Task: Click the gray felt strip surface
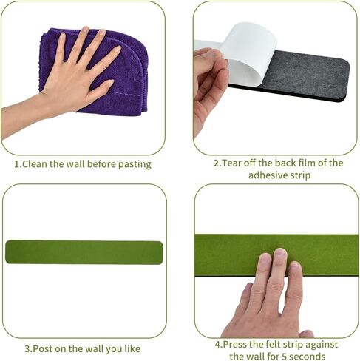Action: click(308, 72)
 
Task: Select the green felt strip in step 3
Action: click(84, 252)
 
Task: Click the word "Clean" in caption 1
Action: click(35, 164)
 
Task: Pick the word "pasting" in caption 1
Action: click(135, 164)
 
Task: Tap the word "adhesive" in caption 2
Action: click(267, 175)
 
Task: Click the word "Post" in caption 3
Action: click(42, 349)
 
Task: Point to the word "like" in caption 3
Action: click(132, 349)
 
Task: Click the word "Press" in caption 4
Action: click(235, 344)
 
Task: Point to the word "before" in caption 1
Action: click(101, 164)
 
